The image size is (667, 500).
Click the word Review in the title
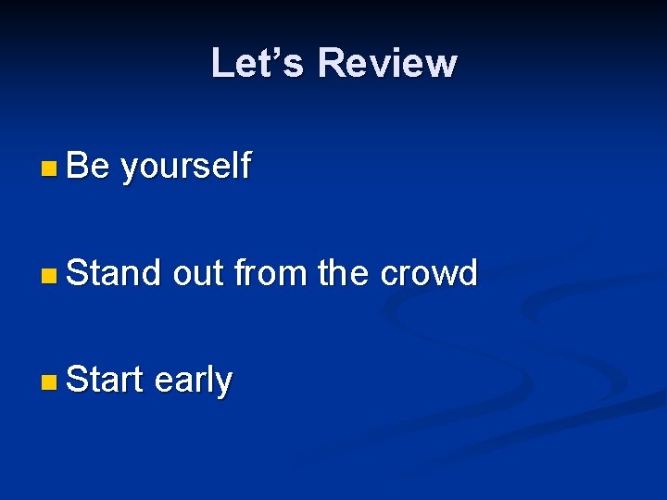click(x=386, y=63)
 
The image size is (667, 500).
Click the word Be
click(x=88, y=166)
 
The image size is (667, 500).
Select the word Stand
click(x=114, y=273)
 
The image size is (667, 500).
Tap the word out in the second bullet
click(x=198, y=274)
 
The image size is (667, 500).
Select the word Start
click(x=105, y=380)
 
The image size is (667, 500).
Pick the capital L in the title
click(x=221, y=63)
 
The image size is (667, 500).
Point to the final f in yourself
click(x=244, y=166)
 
